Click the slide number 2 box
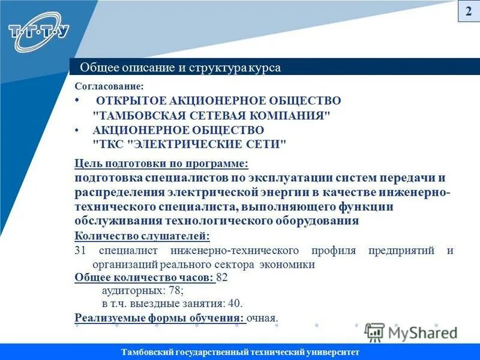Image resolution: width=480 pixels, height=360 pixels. tap(469, 11)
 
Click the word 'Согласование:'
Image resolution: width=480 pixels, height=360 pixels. tap(109, 86)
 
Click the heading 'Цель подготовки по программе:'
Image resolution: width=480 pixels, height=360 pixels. tap(161, 163)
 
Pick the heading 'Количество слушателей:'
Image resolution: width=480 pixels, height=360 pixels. tap(142, 236)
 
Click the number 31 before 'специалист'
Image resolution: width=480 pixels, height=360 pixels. tap(80, 250)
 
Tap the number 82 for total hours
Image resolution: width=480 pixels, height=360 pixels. tap(221, 278)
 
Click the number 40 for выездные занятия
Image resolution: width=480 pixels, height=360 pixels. tap(235, 304)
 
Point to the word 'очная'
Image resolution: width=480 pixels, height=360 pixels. tap(263, 318)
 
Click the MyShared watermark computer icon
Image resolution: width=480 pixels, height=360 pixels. tap(374, 332)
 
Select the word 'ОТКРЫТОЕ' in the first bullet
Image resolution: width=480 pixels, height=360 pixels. tap(125, 101)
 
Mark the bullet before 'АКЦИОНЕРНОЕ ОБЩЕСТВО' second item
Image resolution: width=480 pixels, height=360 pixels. tap(77, 130)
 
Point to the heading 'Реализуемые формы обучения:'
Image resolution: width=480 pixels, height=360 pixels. tap(160, 318)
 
